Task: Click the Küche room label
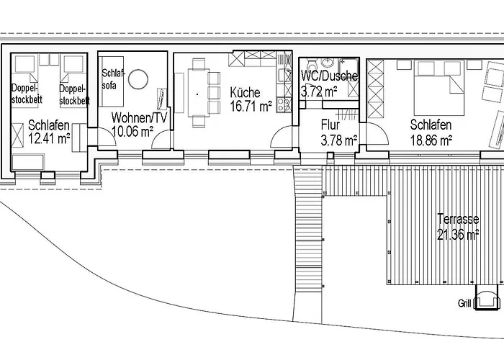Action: click(x=245, y=93)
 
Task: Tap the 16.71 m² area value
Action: click(x=251, y=106)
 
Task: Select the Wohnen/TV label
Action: click(x=139, y=118)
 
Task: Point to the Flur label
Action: click(x=330, y=125)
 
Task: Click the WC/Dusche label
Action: click(x=330, y=76)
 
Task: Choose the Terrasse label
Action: click(x=458, y=219)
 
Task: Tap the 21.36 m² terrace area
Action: click(x=458, y=234)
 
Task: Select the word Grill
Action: click(x=464, y=303)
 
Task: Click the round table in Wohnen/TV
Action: click(x=138, y=79)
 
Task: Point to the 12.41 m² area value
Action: click(x=49, y=138)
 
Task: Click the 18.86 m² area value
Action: click(x=431, y=140)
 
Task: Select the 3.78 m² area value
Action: click(x=339, y=140)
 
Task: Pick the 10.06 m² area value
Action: click(x=132, y=131)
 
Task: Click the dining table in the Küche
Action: click(x=198, y=93)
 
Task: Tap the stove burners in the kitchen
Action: click(x=284, y=105)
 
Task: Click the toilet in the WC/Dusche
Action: click(x=312, y=63)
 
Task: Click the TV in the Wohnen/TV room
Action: click(x=161, y=99)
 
